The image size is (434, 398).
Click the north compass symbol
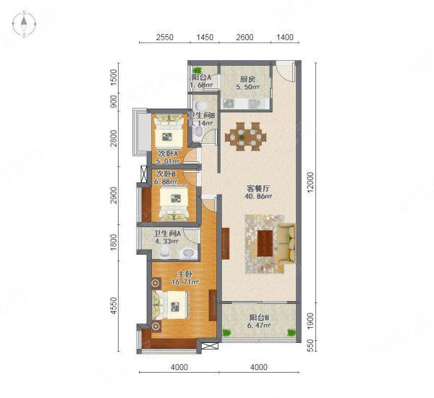click(24, 25)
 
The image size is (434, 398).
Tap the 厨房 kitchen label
click(245, 80)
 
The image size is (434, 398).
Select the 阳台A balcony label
click(201, 77)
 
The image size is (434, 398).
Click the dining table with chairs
click(245, 135)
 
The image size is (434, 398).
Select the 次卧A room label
click(168, 153)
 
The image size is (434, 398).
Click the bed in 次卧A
click(171, 130)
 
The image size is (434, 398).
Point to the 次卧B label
click(166, 174)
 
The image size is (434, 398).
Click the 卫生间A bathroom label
click(168, 233)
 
